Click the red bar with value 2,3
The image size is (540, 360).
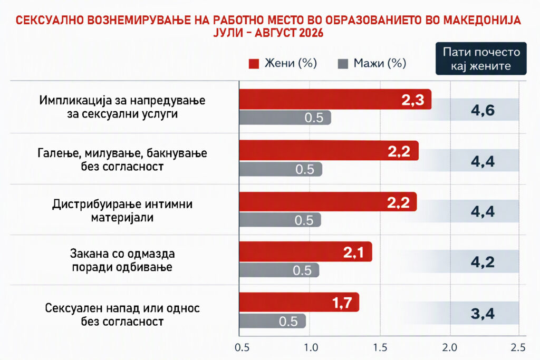[x=335, y=100]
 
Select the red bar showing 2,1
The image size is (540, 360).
[x=306, y=252]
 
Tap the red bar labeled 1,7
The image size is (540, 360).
[x=300, y=303]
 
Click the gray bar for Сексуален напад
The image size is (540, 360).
[x=273, y=321]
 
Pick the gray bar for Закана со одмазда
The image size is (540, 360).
[x=279, y=270]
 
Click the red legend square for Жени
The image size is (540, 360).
[x=254, y=64]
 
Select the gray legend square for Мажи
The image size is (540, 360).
[x=343, y=64]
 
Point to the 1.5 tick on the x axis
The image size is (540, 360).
[x=380, y=347]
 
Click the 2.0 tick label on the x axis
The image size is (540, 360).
[x=450, y=347]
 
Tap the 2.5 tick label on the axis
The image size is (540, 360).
[x=518, y=347]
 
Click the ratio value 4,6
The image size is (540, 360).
[x=483, y=110]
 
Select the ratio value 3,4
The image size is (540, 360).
[x=483, y=314]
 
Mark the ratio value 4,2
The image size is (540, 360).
[x=483, y=262]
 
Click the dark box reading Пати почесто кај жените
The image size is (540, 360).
[x=481, y=59]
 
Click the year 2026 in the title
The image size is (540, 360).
[x=311, y=33]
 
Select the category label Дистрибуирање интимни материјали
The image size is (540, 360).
[x=122, y=211]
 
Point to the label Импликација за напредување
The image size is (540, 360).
[x=122, y=100]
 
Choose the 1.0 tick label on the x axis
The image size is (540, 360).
[x=311, y=347]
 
